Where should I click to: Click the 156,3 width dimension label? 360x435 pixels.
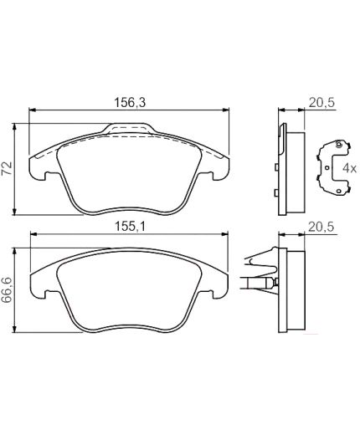tap(130, 102)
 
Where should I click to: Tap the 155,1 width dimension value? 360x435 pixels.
tap(130, 227)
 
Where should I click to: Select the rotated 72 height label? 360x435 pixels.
tap(7, 167)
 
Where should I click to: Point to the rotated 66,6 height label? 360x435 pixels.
tap(7, 290)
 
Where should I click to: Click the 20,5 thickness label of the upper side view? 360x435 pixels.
tap(321, 103)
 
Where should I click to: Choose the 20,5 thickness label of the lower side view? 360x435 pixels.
tap(321, 227)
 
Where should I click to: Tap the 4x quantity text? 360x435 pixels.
tap(349, 168)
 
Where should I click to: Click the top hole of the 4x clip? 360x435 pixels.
tap(339, 145)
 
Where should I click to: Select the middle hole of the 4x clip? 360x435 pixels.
tap(327, 167)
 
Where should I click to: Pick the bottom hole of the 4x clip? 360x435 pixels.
tap(339, 191)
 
